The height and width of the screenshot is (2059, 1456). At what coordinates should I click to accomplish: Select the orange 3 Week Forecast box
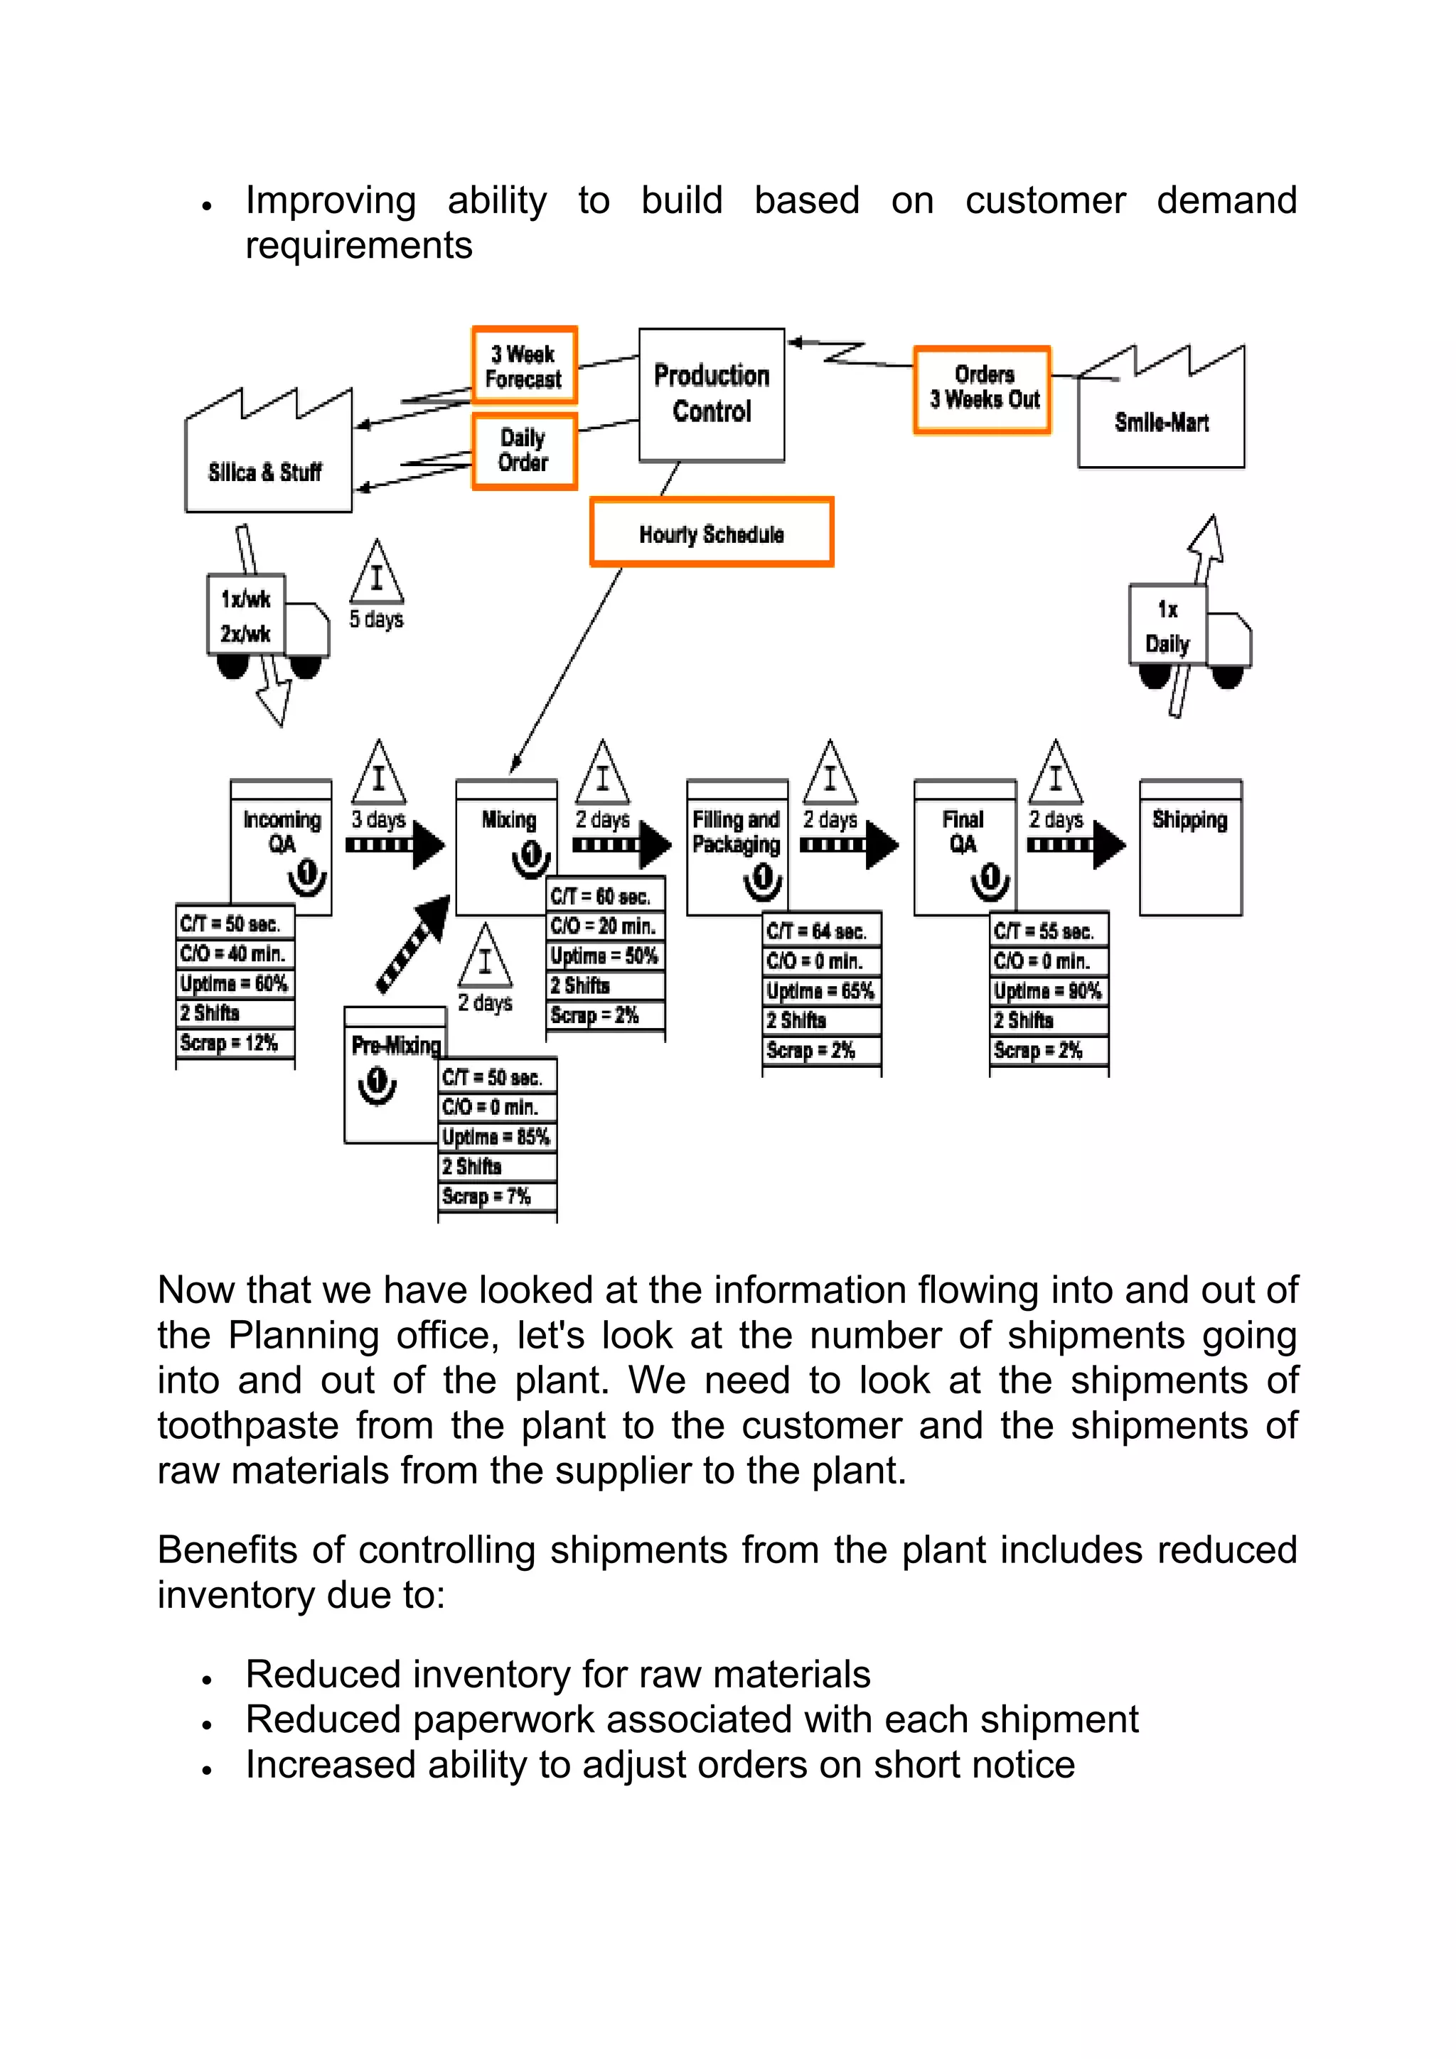click(524, 366)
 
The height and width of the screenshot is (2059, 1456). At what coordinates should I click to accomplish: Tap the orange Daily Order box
click(524, 450)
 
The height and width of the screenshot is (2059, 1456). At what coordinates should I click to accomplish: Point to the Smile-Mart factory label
click(1161, 422)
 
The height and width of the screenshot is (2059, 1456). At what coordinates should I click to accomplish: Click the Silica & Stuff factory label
click(266, 472)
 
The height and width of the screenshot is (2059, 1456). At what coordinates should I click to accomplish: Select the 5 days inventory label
click(376, 619)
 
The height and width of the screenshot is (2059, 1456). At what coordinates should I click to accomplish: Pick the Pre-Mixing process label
click(395, 1046)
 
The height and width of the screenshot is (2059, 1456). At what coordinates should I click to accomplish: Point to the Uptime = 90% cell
click(1047, 991)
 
